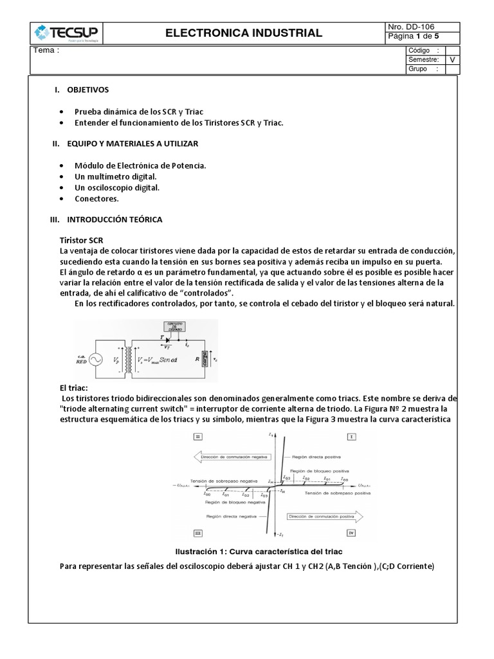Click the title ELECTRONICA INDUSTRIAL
(244, 33)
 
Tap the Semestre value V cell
(452, 59)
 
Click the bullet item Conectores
(97, 199)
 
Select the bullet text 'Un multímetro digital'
(116, 176)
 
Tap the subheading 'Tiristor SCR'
(81, 239)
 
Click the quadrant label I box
(351, 436)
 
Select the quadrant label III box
(198, 533)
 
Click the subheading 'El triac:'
(74, 388)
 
